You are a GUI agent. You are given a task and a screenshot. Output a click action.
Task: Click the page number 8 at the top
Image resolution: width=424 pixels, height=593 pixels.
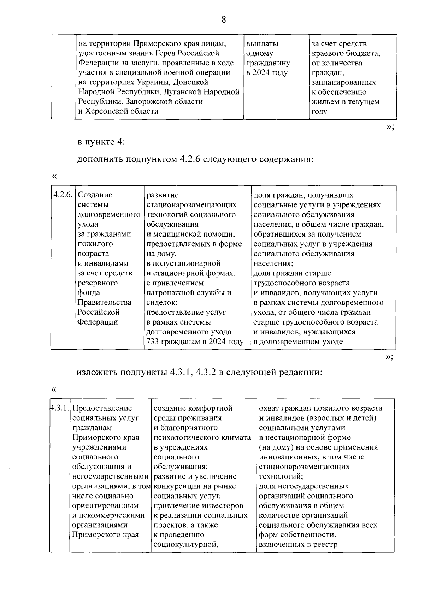[x=223, y=20]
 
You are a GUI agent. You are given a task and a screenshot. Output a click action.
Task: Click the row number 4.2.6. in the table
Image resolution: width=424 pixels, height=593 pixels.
[x=63, y=195]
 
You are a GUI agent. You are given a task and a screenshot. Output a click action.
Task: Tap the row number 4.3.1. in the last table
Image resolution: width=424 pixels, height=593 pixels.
[x=59, y=408]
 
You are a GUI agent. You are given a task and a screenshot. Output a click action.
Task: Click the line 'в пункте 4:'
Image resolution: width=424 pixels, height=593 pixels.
[x=101, y=142]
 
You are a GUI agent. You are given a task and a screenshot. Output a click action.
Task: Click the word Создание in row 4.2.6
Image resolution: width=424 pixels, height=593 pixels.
[x=95, y=195]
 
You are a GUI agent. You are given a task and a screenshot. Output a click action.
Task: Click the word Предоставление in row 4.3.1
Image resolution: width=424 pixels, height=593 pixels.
[x=102, y=408]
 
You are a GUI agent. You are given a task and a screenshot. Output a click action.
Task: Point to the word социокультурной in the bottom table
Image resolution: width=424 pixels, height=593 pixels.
[x=185, y=544]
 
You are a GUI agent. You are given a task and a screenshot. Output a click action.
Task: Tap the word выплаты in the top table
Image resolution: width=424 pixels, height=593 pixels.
[x=262, y=44]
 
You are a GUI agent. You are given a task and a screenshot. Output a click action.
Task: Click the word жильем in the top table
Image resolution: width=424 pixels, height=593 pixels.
[x=325, y=102]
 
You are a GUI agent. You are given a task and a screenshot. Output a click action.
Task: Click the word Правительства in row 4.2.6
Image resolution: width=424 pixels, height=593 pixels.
[x=105, y=302]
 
